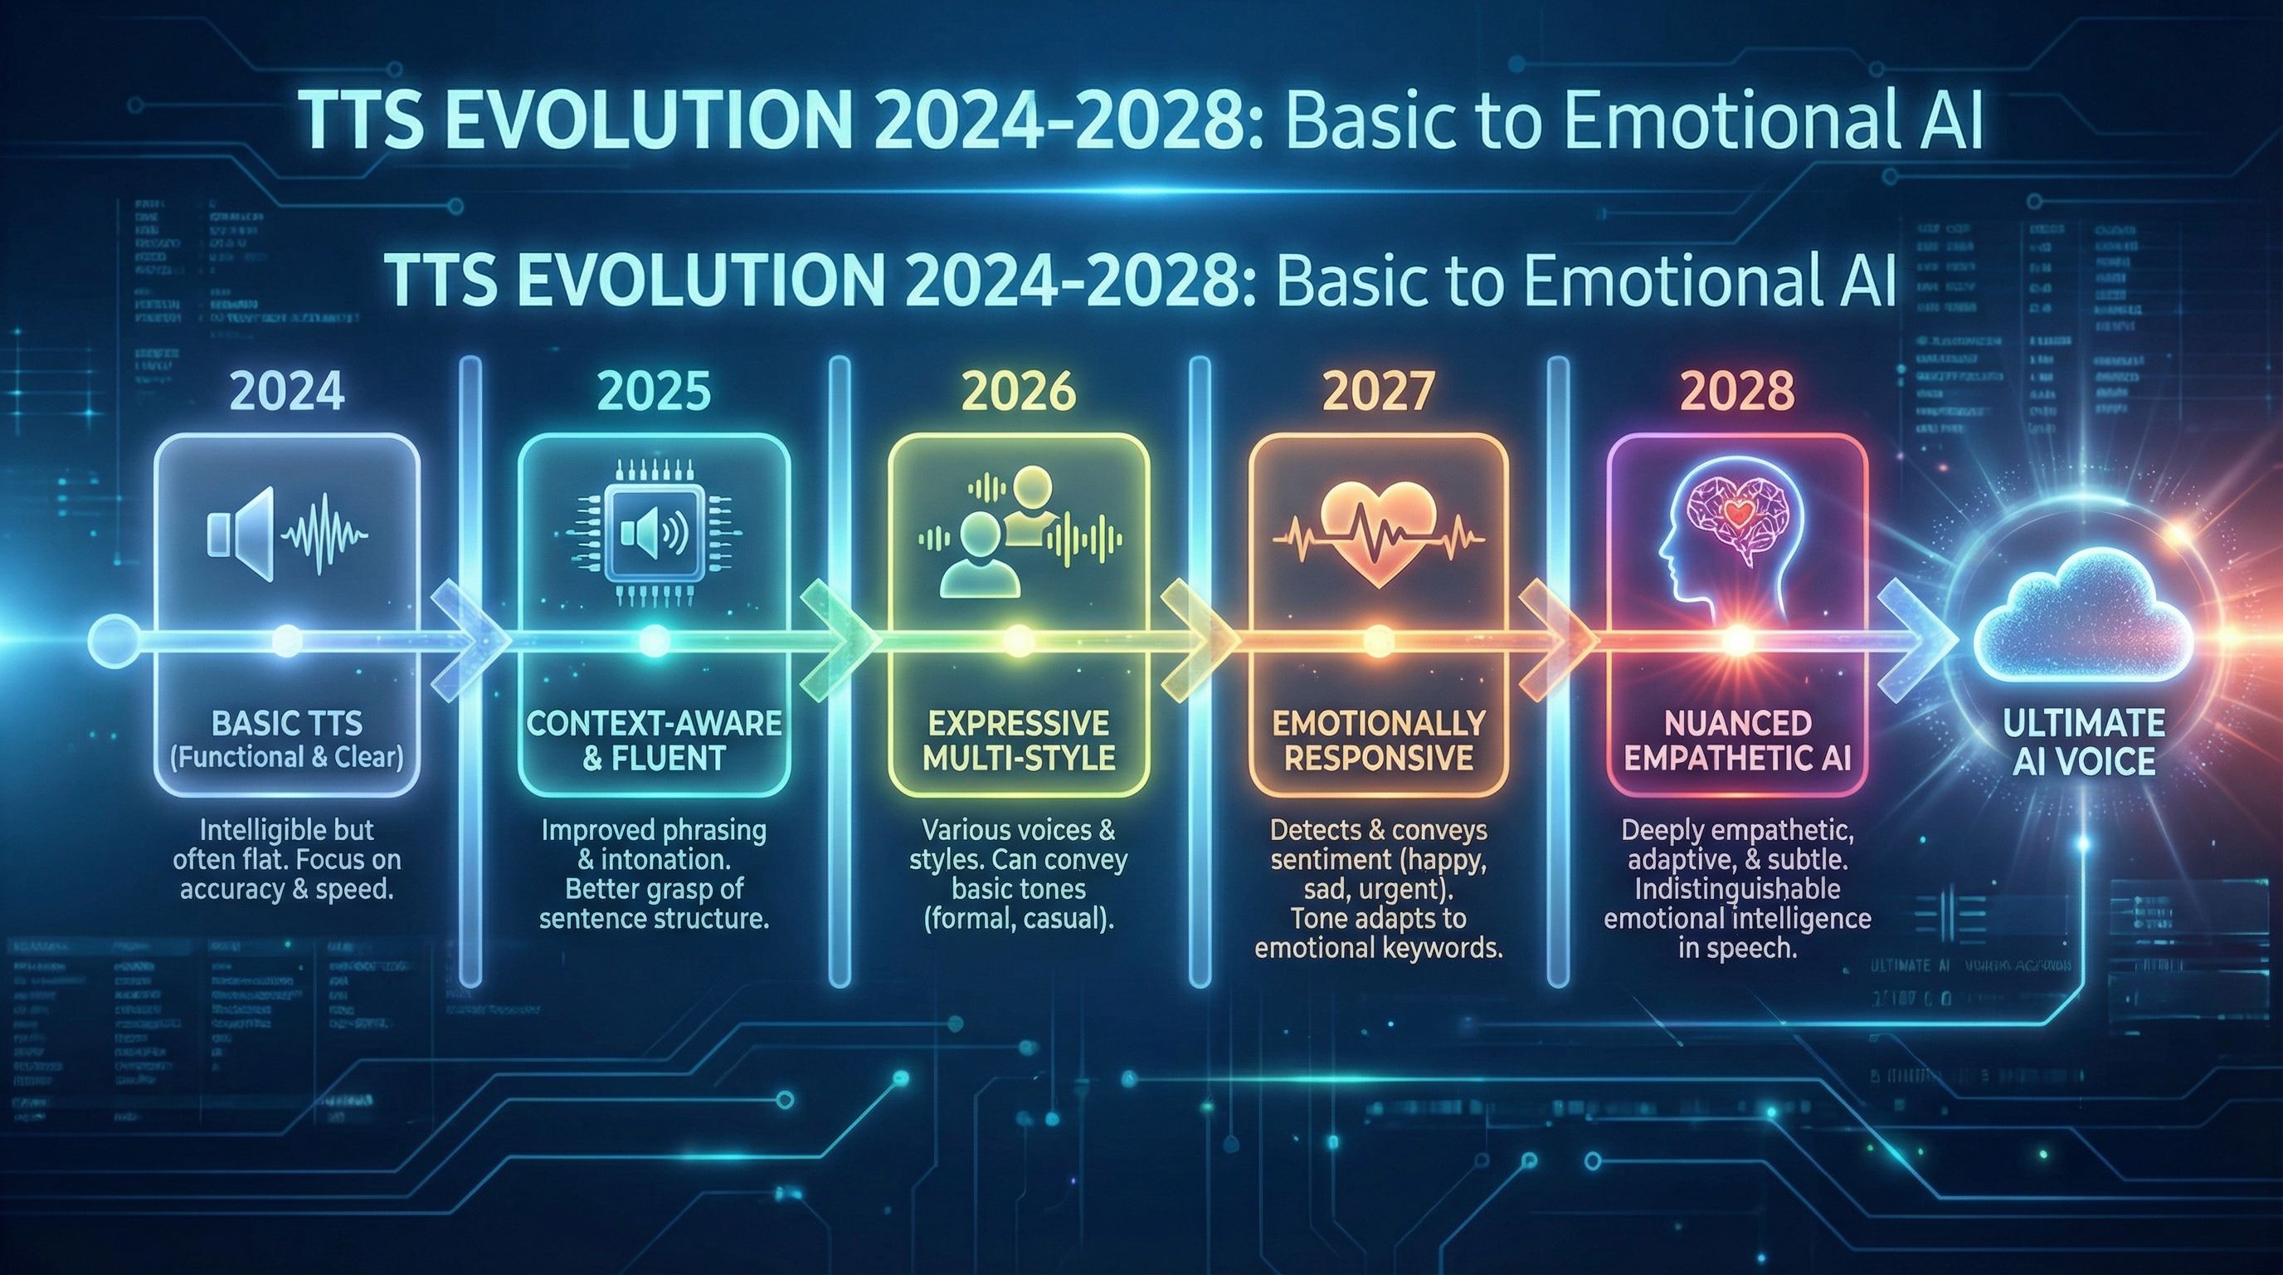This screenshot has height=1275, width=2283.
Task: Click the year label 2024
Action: pos(286,392)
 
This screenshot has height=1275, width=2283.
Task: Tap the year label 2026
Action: pos(1019,392)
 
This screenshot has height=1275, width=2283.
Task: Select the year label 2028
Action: pos(1737,392)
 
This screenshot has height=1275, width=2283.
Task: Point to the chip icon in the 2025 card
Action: pos(654,532)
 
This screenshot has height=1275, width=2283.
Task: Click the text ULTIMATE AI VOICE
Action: pos(2084,742)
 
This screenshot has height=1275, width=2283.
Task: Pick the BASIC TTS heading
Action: pos(287,724)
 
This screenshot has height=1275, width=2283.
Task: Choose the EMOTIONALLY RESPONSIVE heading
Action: pos(1378,740)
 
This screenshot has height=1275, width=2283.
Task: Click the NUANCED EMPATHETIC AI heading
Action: pos(1737,740)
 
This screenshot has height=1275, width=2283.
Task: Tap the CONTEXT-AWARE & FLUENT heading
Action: pos(654,740)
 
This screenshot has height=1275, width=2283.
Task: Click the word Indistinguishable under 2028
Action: pos(1737,889)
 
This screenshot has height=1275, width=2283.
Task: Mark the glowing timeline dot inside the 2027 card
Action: pos(1377,639)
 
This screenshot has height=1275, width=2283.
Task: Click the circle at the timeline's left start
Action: pos(114,639)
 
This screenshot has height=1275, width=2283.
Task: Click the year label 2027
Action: pos(1378,392)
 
